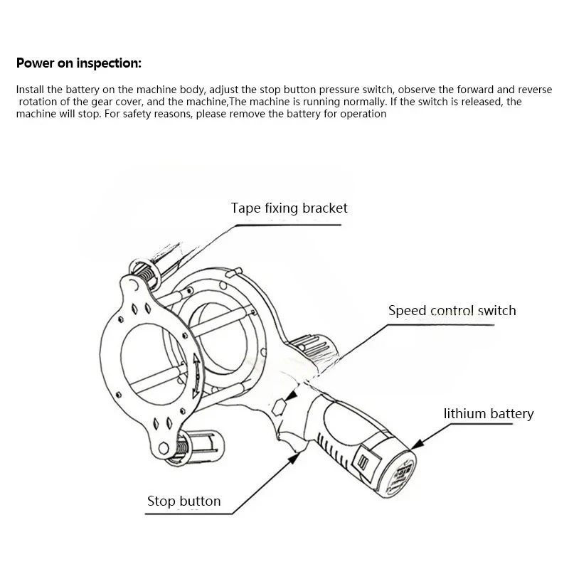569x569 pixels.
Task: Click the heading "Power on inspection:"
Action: [x=79, y=63]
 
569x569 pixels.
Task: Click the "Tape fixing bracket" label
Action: [x=289, y=208]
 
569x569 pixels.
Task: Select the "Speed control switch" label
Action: [x=452, y=311]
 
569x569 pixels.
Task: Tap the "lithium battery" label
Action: [x=488, y=413]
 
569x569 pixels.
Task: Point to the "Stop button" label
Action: [x=184, y=501]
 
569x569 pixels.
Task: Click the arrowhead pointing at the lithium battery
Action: [x=417, y=446]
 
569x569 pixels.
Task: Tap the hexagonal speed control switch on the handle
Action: [x=279, y=406]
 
